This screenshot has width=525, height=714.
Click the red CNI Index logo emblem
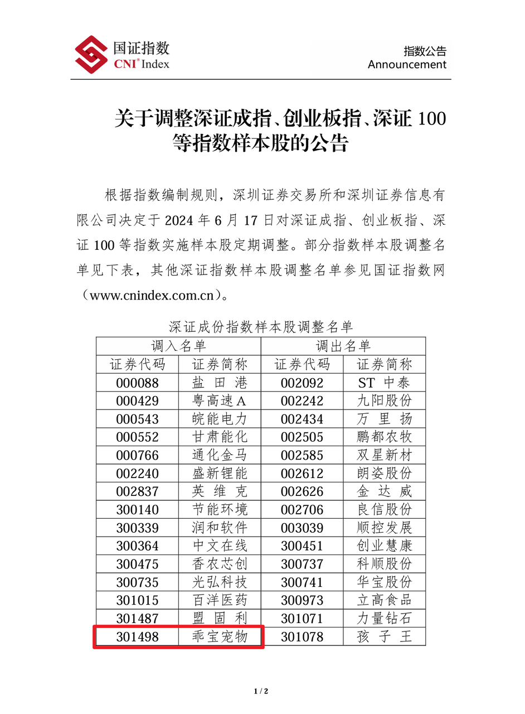click(x=91, y=55)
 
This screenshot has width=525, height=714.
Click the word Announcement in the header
click(x=407, y=65)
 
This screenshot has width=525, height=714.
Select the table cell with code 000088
click(x=138, y=383)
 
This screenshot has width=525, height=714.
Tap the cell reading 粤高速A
click(x=220, y=401)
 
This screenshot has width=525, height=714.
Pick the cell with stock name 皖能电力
click(x=220, y=419)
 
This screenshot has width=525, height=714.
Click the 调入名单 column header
click(x=179, y=346)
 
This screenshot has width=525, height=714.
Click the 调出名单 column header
click(x=343, y=346)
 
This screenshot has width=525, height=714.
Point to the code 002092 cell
click(x=302, y=383)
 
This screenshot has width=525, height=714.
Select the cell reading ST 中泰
click(x=385, y=383)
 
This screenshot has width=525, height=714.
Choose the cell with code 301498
click(x=138, y=636)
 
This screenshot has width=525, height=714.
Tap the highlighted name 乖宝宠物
click(x=220, y=636)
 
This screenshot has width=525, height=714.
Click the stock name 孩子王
click(x=385, y=636)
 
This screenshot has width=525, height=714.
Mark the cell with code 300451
click(x=302, y=546)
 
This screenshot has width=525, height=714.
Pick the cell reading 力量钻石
click(x=385, y=618)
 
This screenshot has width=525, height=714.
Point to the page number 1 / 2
click(x=262, y=692)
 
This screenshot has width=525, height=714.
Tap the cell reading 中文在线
click(x=220, y=546)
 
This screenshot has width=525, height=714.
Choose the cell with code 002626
click(x=302, y=492)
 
